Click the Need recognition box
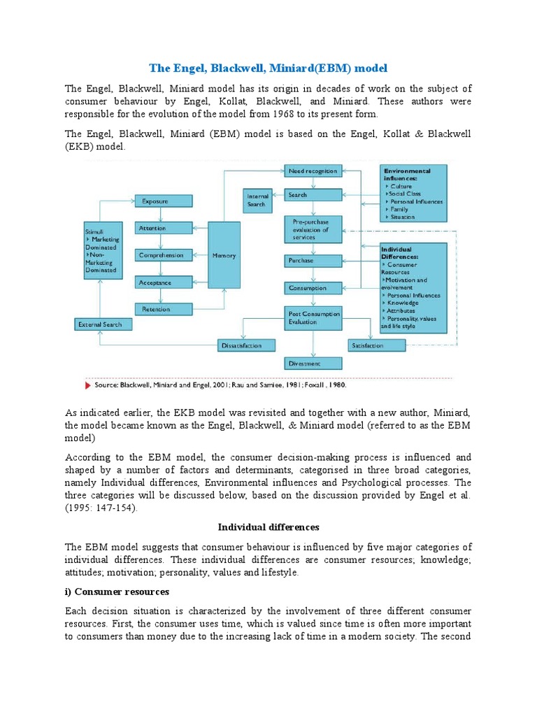click(x=313, y=171)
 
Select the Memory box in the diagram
click(x=224, y=255)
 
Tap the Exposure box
click(x=163, y=201)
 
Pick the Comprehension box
click(x=163, y=255)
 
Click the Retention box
click(x=163, y=308)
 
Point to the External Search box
click(x=101, y=324)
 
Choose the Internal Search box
click(x=257, y=200)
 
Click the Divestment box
click(x=313, y=364)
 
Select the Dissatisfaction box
click(x=241, y=345)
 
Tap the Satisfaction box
click(x=376, y=345)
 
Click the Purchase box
click(x=313, y=260)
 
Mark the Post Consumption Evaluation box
click(x=313, y=318)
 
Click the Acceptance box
click(x=163, y=282)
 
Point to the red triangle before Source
click(x=88, y=385)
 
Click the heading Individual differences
click(x=268, y=527)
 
